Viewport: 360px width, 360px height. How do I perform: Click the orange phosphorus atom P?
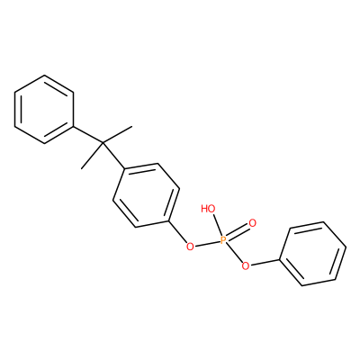(x=223, y=240)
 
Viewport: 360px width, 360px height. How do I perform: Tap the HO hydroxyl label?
(x=208, y=208)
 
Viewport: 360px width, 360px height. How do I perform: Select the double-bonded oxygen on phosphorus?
(x=253, y=223)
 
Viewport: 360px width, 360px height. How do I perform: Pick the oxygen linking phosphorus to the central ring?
(x=190, y=247)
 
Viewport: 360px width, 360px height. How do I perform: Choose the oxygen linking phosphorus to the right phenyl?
(x=246, y=265)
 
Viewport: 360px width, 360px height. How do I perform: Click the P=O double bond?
(x=238, y=231)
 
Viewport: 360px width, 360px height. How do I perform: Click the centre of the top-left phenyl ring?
(x=44, y=109)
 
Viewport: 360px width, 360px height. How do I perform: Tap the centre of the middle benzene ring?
(x=147, y=195)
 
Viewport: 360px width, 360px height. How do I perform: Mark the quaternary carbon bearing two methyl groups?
(x=103, y=143)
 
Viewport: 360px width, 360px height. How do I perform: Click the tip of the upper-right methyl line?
(x=131, y=127)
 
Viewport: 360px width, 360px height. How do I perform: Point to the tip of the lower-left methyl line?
(x=82, y=168)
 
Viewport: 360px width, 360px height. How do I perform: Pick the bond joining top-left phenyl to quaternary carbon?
(x=88, y=135)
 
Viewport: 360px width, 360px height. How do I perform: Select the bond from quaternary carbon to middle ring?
(x=113, y=156)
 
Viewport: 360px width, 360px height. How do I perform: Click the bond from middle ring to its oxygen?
(x=177, y=232)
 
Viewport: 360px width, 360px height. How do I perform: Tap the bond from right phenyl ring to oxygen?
(x=265, y=262)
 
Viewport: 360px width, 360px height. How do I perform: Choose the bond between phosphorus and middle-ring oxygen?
(x=207, y=244)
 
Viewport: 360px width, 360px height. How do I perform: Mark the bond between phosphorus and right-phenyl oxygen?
(x=235, y=253)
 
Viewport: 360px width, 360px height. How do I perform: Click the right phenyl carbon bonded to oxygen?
(x=280, y=259)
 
